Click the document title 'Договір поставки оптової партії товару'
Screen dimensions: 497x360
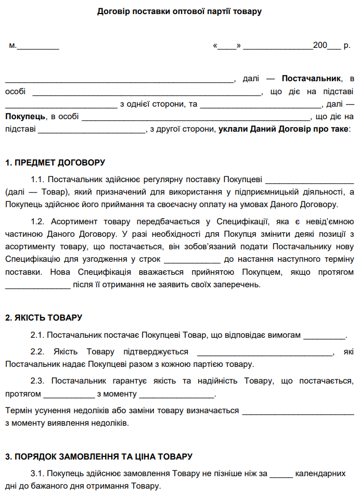179,11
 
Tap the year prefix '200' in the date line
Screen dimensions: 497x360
320,45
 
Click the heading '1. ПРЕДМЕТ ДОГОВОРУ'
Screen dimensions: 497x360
55,162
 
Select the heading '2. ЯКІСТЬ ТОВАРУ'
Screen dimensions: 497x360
44,317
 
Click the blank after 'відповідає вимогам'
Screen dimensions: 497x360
324,336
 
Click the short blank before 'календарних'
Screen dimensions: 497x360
281,475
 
